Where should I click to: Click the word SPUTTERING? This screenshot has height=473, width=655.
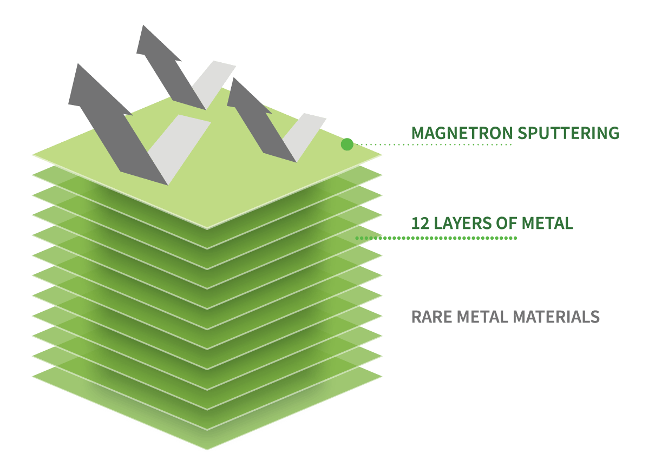pyautogui.click(x=568, y=133)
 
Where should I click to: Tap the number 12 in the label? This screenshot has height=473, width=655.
pyautogui.click(x=420, y=224)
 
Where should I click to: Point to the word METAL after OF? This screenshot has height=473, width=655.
pyautogui.click(x=547, y=224)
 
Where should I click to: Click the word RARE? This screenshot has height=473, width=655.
pyautogui.click(x=431, y=317)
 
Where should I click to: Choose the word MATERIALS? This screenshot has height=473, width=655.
pyautogui.click(x=556, y=317)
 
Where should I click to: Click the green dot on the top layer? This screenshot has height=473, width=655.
pyautogui.click(x=347, y=144)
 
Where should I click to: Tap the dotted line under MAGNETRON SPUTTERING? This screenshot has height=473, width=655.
pyautogui.click(x=434, y=144)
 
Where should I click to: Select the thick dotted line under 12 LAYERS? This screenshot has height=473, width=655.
pyautogui.click(x=436, y=238)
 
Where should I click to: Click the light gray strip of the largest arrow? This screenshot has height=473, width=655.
pyautogui.click(x=179, y=150)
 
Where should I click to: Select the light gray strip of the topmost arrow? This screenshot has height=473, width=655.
pyautogui.click(x=213, y=85)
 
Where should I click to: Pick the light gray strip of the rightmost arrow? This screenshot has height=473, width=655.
pyautogui.click(x=304, y=137)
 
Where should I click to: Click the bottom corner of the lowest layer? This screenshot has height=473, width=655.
pyautogui.click(x=207, y=450)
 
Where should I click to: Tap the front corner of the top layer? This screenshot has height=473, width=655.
pyautogui.click(x=207, y=228)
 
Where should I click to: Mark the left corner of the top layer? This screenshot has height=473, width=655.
pyautogui.click(x=32, y=155)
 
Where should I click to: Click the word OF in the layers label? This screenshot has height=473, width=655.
pyautogui.click(x=507, y=224)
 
